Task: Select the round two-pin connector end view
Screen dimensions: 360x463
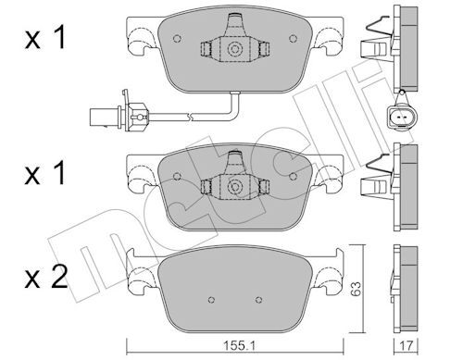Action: tap(399, 116)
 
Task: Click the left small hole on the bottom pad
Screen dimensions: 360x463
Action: tap(212, 300)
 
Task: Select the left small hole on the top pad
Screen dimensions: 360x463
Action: tap(173, 39)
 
